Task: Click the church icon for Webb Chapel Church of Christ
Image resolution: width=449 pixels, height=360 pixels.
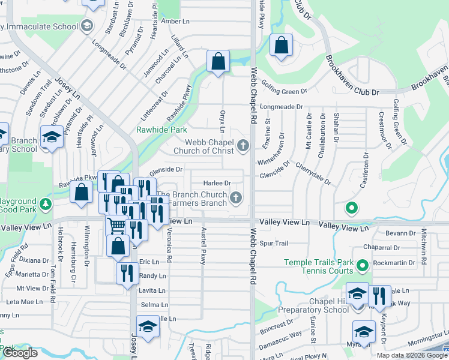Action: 243,145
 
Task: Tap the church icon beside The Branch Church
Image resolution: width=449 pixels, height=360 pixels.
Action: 237,197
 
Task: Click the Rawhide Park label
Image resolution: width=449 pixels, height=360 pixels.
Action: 161,130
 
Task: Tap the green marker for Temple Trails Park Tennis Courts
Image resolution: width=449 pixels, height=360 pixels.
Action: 362,265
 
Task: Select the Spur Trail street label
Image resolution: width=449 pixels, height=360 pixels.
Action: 275,244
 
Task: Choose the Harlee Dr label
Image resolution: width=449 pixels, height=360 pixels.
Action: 217,183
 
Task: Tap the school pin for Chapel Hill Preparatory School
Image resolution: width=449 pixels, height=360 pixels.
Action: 357,294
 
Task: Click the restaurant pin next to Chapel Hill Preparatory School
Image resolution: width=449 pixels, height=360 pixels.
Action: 378,296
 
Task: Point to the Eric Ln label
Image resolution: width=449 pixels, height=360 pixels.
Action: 149,262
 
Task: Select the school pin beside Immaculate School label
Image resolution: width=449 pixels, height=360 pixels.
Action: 87,26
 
